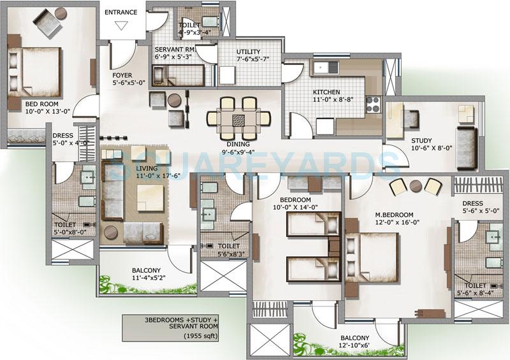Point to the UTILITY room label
click(x=248, y=52)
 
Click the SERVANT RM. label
click(x=175, y=49)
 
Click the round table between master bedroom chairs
click(x=416, y=185)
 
